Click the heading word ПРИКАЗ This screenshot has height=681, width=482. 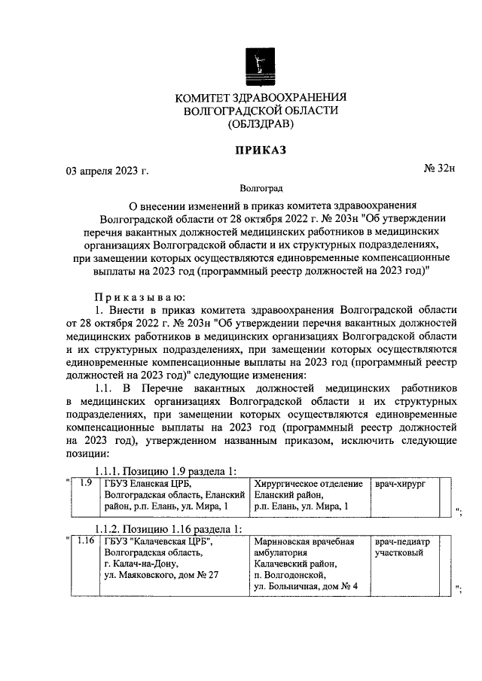[260, 151]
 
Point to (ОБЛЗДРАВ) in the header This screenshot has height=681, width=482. [260, 126]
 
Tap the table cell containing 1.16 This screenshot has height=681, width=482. [86, 540]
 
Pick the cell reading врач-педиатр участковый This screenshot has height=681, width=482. [403, 546]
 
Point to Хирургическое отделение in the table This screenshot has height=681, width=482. [309, 484]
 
